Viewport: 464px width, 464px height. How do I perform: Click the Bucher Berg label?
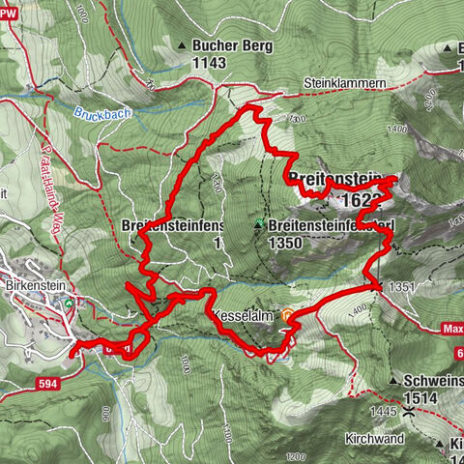pyautogui.click(x=233, y=45)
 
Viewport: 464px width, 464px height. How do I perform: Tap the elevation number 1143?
pyautogui.click(x=209, y=63)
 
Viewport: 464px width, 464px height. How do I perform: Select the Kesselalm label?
pyautogui.click(x=241, y=316)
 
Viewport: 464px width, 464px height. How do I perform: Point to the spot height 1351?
pyautogui.click(x=404, y=287)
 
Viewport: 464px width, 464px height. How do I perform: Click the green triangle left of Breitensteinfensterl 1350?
pyautogui.click(x=259, y=224)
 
